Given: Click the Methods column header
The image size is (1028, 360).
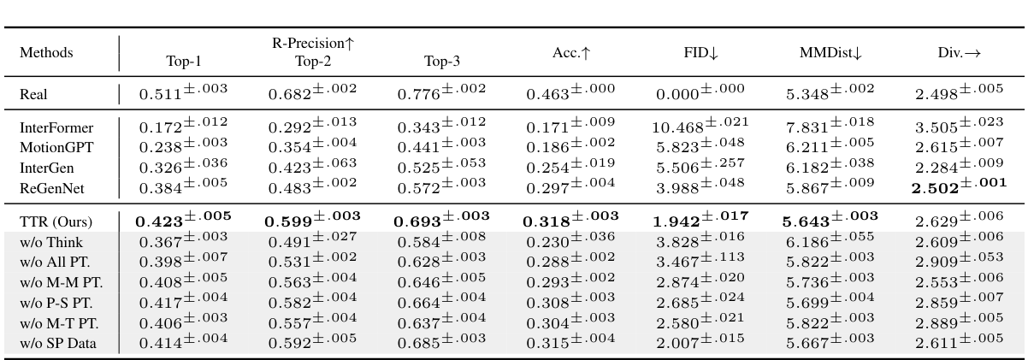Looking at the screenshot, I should click(x=46, y=53).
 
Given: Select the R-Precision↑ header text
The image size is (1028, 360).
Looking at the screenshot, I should click(x=311, y=44).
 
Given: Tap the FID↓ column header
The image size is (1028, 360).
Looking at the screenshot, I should click(x=700, y=53).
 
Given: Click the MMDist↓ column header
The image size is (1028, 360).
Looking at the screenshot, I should click(x=830, y=53).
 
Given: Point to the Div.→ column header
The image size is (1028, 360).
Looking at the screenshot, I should click(x=959, y=53).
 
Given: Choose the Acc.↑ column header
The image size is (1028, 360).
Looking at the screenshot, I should click(x=571, y=53).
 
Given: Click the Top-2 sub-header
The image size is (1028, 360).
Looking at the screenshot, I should click(x=311, y=61).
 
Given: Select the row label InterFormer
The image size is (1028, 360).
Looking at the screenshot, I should click(x=56, y=128).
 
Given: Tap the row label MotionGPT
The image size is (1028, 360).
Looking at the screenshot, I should click(x=56, y=146).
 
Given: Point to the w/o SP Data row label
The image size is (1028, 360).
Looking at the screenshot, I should click(x=58, y=344).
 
